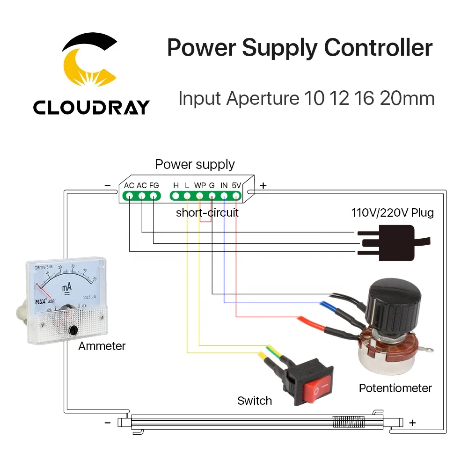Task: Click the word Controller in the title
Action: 379,48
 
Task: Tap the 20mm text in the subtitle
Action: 407,98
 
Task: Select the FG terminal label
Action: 154,185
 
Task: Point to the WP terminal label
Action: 200,185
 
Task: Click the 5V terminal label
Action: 236,185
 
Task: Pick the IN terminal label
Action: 224,185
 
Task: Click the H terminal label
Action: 176,185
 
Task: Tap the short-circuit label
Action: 207,213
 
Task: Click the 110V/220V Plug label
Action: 393,213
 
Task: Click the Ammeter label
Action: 102,346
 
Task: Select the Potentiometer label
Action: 395,388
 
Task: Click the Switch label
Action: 255,401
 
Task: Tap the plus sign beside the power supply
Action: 263,186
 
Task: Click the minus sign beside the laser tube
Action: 108,423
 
